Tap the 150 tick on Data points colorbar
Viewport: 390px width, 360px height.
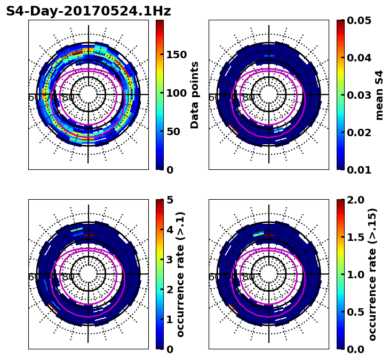pos(177,54)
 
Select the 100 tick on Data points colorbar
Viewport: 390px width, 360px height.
pos(177,93)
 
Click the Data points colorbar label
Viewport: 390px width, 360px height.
pos(195,95)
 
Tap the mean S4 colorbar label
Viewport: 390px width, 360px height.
pos(379,95)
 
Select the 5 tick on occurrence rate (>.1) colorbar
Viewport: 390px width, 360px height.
pos(170,200)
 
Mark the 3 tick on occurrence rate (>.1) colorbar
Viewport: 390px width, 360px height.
pos(170,260)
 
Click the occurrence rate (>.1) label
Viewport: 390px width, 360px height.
pos(181,274)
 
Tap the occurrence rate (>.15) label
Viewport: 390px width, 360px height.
pos(373,274)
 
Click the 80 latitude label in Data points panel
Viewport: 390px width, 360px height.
pos(68,98)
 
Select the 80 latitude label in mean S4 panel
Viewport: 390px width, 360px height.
pos(249,98)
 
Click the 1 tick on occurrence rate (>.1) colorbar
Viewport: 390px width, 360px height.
pos(170,319)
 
